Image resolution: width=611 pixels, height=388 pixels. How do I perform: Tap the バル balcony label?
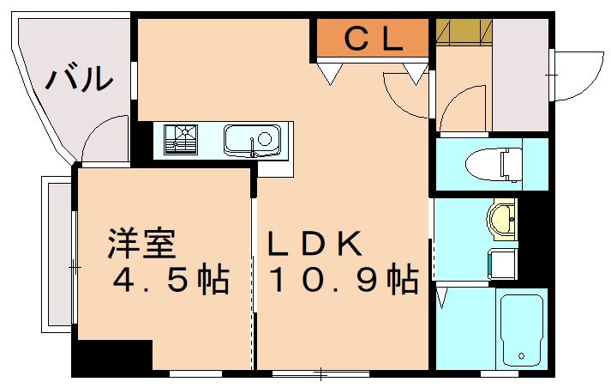(79, 79)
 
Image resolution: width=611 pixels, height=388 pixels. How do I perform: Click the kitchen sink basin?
(251, 139)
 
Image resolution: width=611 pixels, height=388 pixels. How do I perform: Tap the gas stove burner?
(182, 139)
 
